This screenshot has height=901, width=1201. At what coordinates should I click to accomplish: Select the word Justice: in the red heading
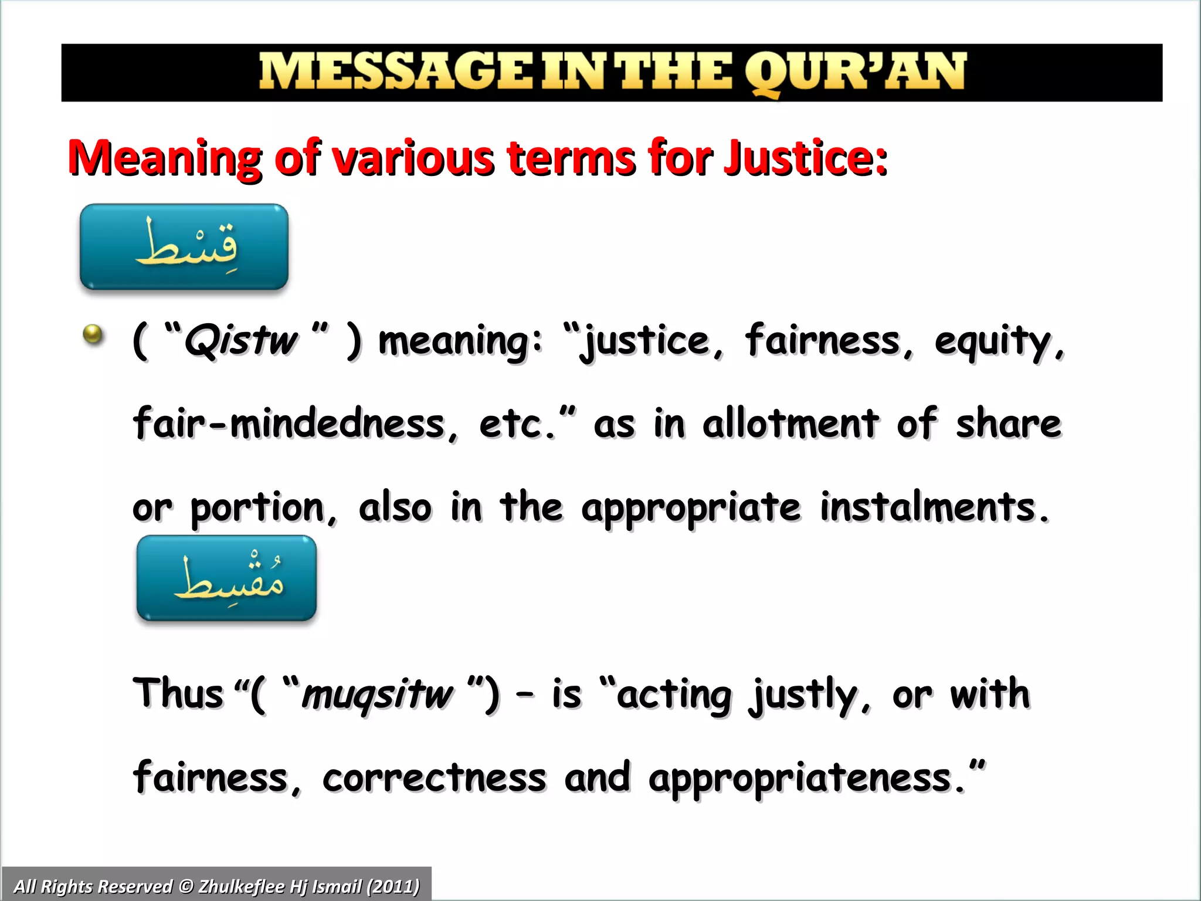coord(806,158)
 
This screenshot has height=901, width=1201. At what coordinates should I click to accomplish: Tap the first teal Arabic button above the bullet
coord(184,247)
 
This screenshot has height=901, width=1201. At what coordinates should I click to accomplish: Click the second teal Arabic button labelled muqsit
coord(226,578)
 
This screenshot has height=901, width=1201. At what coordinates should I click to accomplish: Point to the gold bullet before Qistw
coord(93,335)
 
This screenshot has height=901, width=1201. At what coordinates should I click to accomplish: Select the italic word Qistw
coord(241,340)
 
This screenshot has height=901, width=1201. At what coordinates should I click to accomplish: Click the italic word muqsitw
coord(377,695)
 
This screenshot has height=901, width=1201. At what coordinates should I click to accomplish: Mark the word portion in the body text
coord(258,508)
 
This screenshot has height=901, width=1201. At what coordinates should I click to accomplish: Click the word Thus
coord(179,693)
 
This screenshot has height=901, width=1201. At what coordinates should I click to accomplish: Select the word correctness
coord(435,778)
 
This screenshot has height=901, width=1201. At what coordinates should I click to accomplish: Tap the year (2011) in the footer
coord(392,886)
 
